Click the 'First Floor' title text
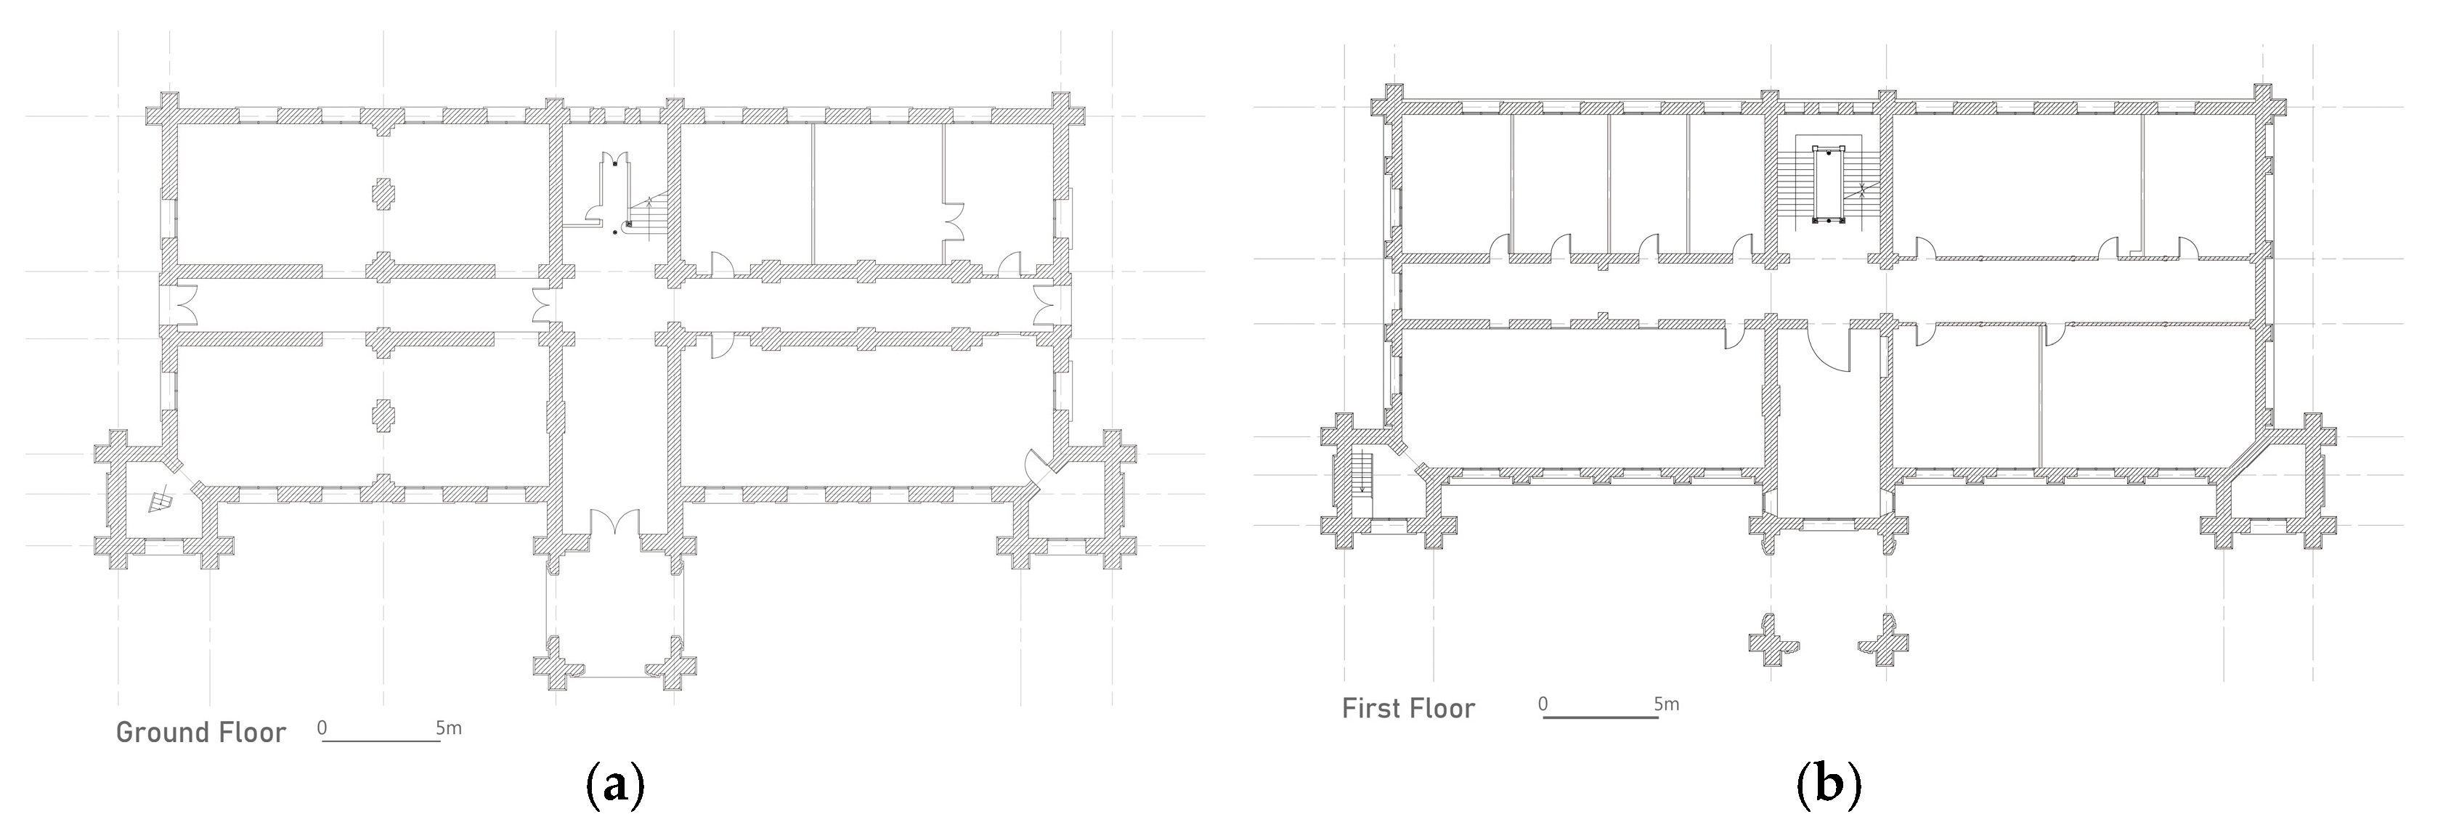tap(1408, 709)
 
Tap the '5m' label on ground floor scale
tap(449, 728)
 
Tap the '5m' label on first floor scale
tap(1667, 704)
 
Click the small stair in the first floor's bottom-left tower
tap(1362, 473)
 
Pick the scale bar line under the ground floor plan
tap(381, 741)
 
